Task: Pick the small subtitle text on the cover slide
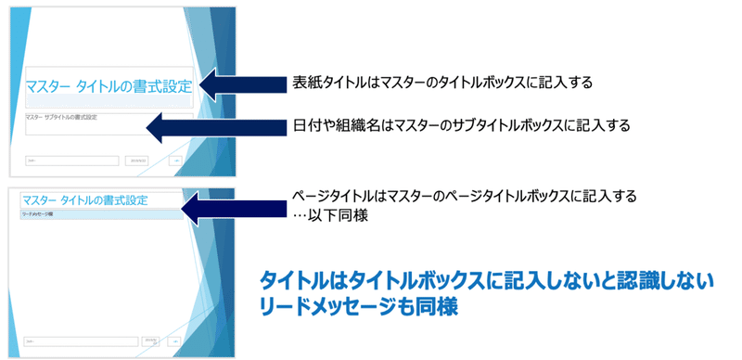(62, 117)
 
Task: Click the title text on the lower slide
(84, 199)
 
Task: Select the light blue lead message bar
(96, 214)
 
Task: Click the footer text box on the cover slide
(72, 161)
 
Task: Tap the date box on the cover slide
(136, 161)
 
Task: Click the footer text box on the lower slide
(72, 341)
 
